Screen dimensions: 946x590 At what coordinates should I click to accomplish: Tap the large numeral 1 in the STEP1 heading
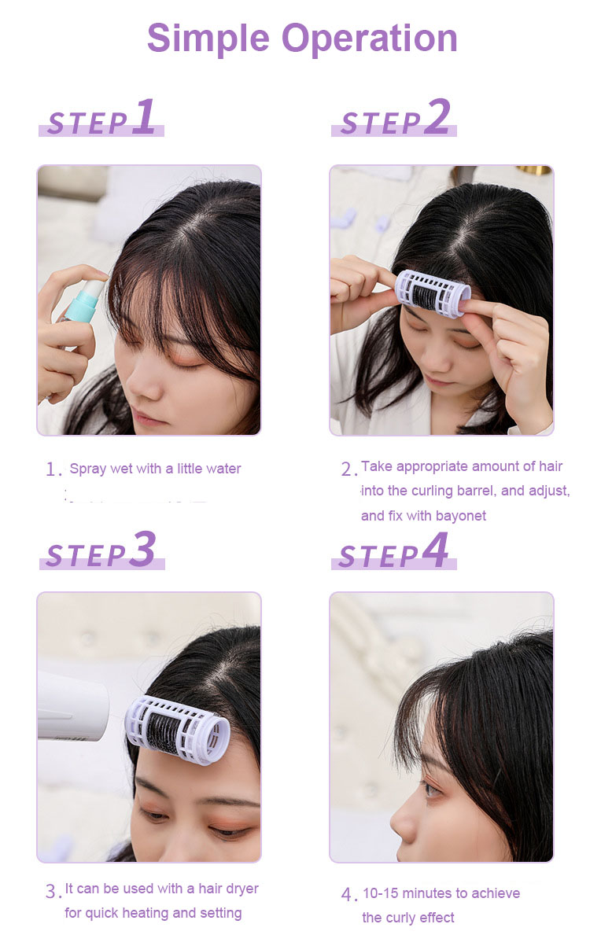(x=144, y=117)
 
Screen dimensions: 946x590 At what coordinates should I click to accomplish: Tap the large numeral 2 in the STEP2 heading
(x=437, y=117)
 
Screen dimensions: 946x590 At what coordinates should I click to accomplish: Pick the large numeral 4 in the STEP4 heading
(x=435, y=550)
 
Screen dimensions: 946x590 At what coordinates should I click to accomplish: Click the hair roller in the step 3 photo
(x=179, y=729)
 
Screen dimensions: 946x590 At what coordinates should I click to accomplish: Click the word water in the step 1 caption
(x=223, y=469)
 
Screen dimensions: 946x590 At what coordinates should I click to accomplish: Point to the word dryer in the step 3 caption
(x=239, y=889)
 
